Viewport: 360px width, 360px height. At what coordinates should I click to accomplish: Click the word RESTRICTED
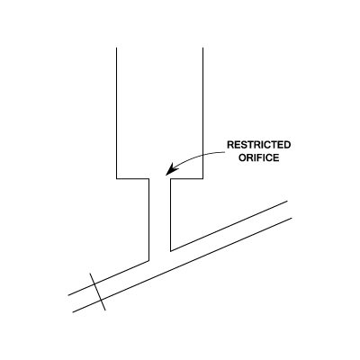click(x=259, y=145)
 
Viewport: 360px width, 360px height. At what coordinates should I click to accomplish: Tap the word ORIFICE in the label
click(x=259, y=157)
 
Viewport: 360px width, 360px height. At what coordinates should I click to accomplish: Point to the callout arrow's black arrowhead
click(x=172, y=169)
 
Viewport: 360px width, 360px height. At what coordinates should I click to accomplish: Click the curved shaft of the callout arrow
click(x=199, y=156)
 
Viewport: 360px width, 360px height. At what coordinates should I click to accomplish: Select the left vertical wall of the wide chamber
click(x=116, y=113)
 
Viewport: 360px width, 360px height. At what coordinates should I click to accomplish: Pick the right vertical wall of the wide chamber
click(x=202, y=113)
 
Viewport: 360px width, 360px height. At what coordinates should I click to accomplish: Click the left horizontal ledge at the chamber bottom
click(x=132, y=179)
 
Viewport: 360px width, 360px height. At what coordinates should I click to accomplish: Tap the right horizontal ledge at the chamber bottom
click(x=186, y=179)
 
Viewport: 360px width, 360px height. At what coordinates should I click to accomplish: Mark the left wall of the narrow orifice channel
click(x=148, y=220)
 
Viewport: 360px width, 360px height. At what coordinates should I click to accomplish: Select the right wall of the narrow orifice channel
click(x=170, y=215)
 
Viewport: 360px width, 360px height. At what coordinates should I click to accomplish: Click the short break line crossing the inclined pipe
click(x=98, y=292)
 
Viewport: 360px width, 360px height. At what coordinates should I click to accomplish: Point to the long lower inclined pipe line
click(x=182, y=265)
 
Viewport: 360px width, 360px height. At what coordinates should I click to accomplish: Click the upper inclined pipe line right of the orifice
click(x=229, y=226)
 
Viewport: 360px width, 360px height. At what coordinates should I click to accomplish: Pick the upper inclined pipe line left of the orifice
click(x=109, y=278)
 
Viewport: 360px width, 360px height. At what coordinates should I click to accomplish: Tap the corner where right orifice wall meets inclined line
click(x=170, y=251)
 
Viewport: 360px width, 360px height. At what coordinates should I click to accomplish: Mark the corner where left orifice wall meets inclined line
click(x=148, y=261)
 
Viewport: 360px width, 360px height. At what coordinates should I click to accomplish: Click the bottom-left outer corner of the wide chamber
click(x=116, y=179)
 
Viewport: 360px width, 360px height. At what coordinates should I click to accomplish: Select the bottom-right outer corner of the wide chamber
click(x=202, y=179)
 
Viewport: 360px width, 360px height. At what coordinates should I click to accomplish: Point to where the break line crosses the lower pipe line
click(x=101, y=300)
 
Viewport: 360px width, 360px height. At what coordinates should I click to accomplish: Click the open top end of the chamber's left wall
click(x=116, y=48)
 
